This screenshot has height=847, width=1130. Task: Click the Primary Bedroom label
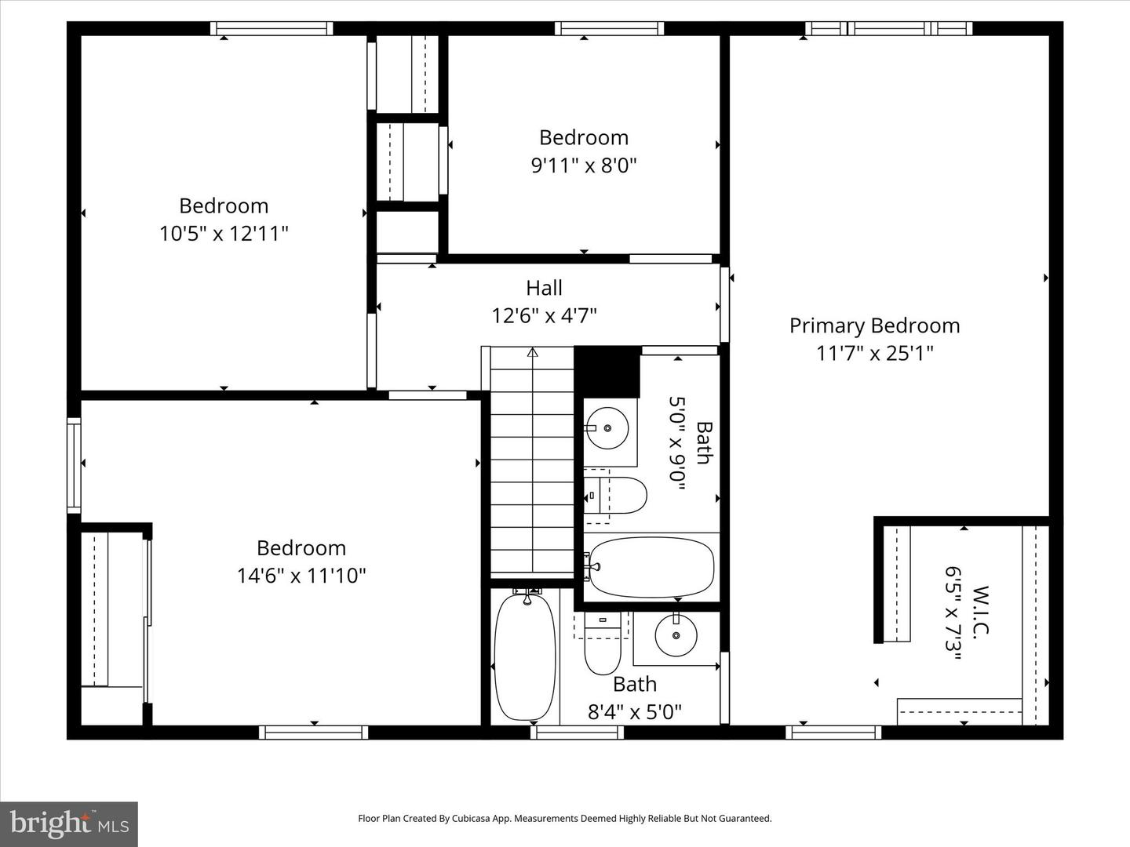(874, 325)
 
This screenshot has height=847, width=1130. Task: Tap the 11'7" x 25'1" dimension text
(874, 354)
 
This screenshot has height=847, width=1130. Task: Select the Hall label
(544, 288)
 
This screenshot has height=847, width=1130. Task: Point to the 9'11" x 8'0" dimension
(583, 165)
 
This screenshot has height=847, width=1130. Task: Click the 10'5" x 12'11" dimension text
(224, 234)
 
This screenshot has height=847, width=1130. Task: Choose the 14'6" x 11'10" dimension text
(301, 576)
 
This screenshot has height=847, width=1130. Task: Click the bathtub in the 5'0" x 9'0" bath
(651, 567)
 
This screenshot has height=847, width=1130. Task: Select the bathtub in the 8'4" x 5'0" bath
(525, 657)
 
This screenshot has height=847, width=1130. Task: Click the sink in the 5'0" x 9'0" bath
(608, 428)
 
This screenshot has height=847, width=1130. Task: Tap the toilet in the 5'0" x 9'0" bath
(619, 495)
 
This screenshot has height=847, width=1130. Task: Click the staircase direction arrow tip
(533, 351)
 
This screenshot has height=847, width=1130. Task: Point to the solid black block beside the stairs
(607, 371)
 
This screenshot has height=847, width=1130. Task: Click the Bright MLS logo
(69, 823)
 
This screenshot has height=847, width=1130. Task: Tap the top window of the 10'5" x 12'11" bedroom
(272, 29)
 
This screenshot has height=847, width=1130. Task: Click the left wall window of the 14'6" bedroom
(74, 465)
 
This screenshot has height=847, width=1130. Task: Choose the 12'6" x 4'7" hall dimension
(544, 316)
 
